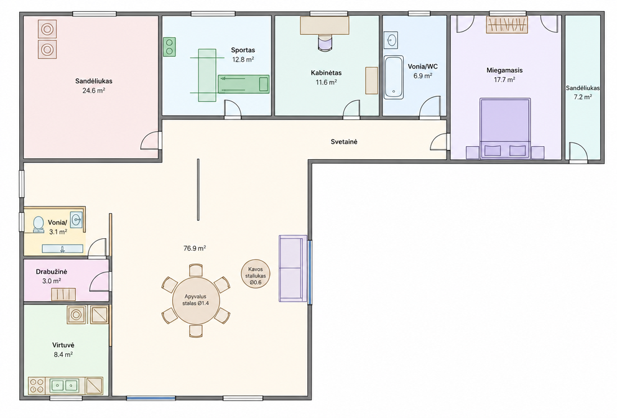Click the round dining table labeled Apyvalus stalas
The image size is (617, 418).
point(195,300)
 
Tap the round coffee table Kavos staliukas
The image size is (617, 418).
point(256,274)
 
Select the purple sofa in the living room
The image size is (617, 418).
point(293,269)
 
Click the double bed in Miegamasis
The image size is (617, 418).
point(505,128)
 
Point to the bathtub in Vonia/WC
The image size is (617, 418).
point(394,77)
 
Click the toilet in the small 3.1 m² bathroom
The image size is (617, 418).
point(39,225)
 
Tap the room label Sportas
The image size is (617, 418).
point(243,50)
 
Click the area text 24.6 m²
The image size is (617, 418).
point(94,91)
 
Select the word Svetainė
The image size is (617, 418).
point(344,142)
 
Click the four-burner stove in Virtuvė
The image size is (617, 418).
point(36,385)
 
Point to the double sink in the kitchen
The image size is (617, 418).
point(63,385)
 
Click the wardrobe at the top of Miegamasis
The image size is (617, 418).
point(506,25)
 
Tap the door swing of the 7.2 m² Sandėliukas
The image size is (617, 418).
point(577,152)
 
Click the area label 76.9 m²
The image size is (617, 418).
point(195,248)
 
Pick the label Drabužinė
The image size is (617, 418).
point(52,272)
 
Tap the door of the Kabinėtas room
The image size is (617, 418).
point(351,109)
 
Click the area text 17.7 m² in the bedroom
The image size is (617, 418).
point(505,80)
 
